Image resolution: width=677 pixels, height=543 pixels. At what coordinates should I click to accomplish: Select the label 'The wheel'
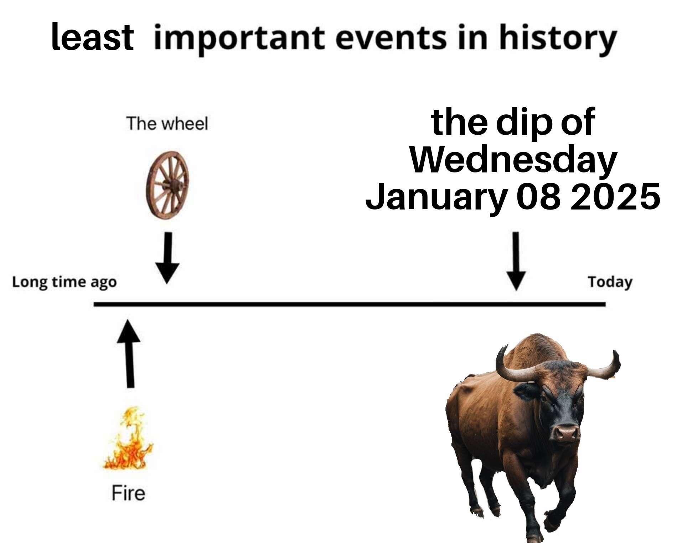pos(167,124)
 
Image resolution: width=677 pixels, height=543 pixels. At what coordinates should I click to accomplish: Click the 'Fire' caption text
pos(128,493)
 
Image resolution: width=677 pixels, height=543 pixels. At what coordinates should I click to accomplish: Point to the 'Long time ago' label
pos(64,282)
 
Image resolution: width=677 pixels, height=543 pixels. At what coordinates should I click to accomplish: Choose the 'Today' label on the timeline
pos(610,282)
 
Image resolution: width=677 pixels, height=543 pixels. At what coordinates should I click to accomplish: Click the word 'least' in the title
pos(92,37)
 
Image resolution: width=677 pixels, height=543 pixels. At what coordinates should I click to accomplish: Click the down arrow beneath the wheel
pos(167,258)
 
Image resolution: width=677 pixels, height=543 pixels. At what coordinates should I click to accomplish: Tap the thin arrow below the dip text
pos(516,261)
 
